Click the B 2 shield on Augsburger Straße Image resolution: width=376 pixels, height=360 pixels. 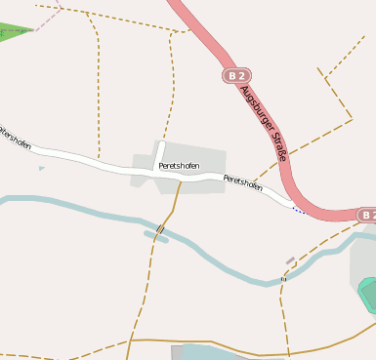[235, 75]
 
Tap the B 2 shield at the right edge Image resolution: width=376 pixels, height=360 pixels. [366, 215]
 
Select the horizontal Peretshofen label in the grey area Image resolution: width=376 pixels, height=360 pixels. [179, 167]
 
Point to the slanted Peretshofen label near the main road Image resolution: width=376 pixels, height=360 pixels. [243, 182]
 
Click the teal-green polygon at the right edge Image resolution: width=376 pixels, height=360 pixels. [368, 295]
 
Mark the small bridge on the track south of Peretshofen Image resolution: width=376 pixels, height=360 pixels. [159, 230]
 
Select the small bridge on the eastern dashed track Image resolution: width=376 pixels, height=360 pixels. [283, 279]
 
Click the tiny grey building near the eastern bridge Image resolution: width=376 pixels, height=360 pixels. [290, 260]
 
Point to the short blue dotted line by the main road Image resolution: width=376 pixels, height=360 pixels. [299, 211]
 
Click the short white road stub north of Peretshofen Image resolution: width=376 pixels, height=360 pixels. [158, 154]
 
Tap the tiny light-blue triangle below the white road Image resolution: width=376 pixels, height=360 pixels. [41, 169]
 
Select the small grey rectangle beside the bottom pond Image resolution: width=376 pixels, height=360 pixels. [177, 352]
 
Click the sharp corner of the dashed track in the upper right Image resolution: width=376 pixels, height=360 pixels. [352, 119]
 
